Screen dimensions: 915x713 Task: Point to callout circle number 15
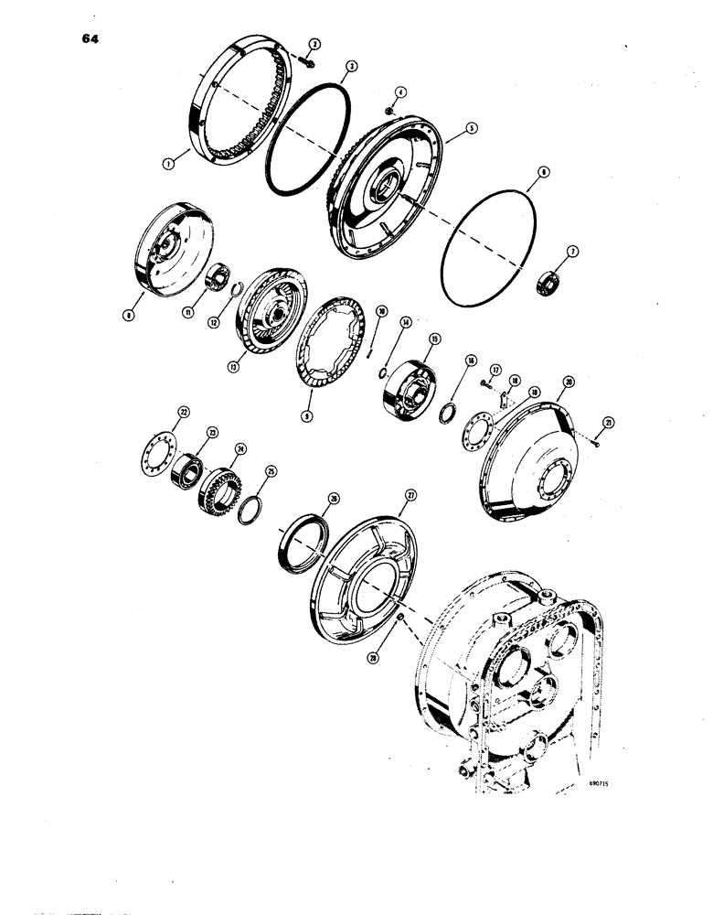coord(434,338)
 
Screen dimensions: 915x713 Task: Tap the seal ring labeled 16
coord(449,410)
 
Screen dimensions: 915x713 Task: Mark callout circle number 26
coord(334,499)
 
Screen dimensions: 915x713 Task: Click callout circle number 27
coord(410,495)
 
